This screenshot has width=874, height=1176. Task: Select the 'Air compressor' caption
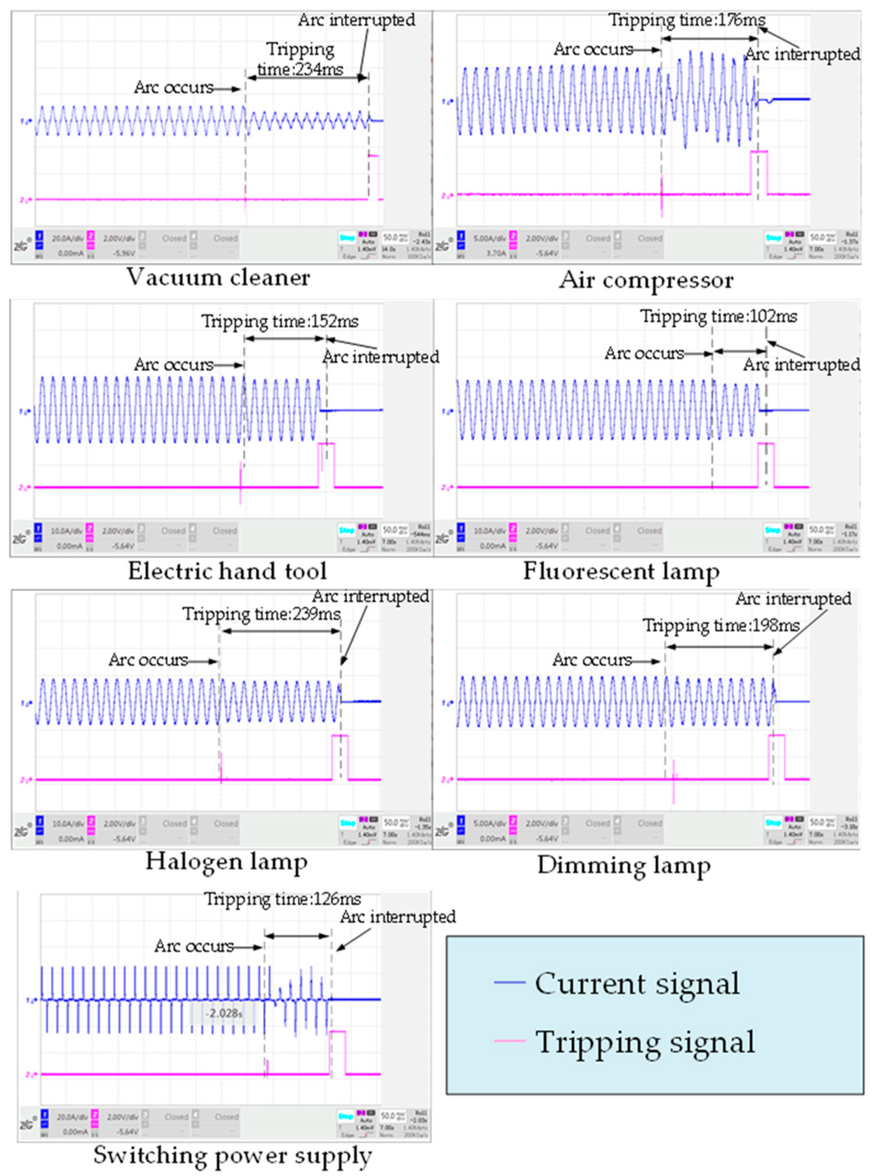click(646, 280)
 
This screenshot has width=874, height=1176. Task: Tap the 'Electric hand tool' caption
click(227, 571)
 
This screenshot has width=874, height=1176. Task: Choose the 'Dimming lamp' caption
click(624, 865)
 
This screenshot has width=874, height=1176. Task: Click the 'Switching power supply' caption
click(233, 1155)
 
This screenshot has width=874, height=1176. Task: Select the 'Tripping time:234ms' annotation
click(300, 59)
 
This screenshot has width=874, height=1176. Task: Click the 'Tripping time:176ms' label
click(687, 20)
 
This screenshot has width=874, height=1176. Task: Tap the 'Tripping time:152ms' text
click(280, 321)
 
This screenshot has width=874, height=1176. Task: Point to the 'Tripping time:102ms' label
click(718, 316)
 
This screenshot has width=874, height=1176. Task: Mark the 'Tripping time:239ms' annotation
click(261, 614)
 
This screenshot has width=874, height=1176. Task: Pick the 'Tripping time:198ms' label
click(721, 626)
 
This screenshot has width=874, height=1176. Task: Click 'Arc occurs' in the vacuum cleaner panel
click(174, 87)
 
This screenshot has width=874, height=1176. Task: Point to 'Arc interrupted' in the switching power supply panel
click(397, 917)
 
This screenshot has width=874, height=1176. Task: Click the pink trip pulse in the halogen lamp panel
click(340, 756)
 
